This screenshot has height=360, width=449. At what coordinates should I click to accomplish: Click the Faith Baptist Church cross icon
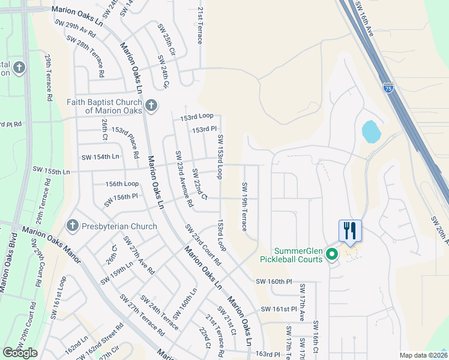tap(151, 106)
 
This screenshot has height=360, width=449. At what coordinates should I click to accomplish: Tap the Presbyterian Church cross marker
tap(72, 226)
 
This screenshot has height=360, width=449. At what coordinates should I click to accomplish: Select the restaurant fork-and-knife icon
tap(349, 230)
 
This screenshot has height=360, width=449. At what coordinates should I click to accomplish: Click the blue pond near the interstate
tap(370, 131)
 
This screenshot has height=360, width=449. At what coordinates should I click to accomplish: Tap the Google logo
tap(20, 353)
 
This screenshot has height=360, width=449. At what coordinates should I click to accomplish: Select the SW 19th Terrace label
tap(244, 206)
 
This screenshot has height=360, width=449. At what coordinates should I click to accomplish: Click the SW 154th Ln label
tap(100, 157)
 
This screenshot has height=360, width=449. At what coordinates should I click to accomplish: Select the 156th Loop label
tap(122, 184)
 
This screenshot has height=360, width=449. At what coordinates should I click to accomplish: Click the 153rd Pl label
tap(204, 130)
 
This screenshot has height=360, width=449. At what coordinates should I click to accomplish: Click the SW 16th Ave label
tap(365, 18)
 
